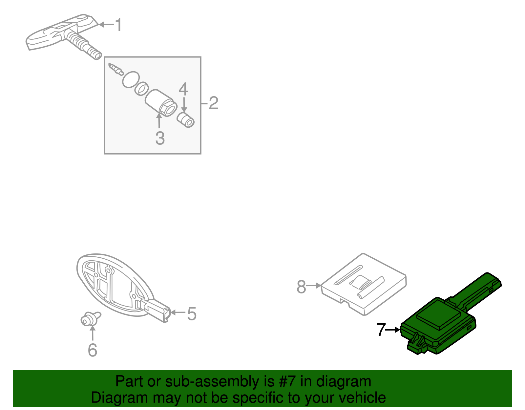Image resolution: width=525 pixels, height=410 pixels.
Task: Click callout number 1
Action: pyautogui.click(x=118, y=25)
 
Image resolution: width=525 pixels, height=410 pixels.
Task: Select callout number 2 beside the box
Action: pyautogui.click(x=213, y=103)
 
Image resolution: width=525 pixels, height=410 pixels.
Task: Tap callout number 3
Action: pyautogui.click(x=160, y=138)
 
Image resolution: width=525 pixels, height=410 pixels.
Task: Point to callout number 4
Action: pyautogui.click(x=183, y=89)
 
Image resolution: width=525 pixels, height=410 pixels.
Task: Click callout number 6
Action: pyautogui.click(x=93, y=350)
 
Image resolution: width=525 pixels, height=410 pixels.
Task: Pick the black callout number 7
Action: pyautogui.click(x=381, y=330)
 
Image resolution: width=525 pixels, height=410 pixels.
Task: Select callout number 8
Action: pyautogui.click(x=301, y=287)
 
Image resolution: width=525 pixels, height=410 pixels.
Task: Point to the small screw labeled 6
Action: pyautogui.click(x=87, y=319)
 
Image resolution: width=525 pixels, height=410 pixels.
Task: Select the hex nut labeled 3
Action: pyautogui.click(x=167, y=107)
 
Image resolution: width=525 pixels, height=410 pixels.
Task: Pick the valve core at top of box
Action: pyautogui.click(x=115, y=69)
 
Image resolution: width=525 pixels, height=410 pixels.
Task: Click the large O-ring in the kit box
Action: pyautogui.click(x=131, y=79)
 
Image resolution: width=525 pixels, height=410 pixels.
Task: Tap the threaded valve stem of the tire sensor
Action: pyautogui.click(x=84, y=46)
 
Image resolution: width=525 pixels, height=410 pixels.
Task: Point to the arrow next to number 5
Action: pyautogui.click(x=177, y=312)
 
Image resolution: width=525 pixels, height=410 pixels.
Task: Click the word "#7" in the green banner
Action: pyautogui.click(x=287, y=381)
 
